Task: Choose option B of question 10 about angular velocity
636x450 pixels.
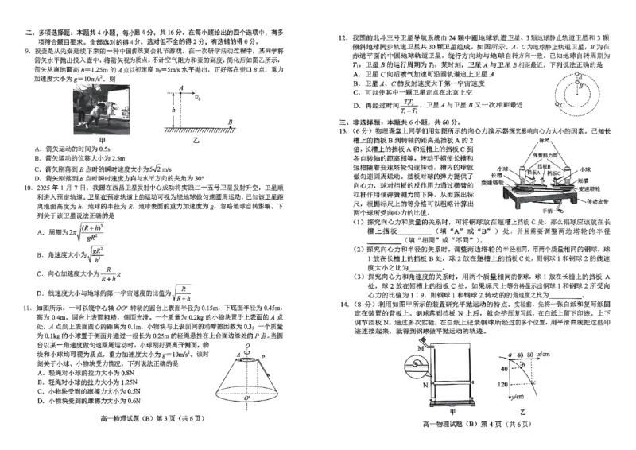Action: click(39, 254)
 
